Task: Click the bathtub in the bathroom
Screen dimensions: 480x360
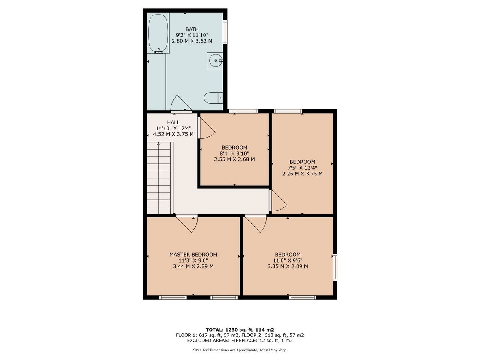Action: [x=158, y=33]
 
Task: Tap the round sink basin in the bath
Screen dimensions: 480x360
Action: [x=216, y=60]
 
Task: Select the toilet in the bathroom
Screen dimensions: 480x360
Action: [x=213, y=98]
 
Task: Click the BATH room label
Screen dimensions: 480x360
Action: [x=192, y=29]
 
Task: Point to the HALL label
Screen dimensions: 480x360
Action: [x=173, y=122]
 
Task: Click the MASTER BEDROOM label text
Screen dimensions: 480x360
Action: [x=193, y=254]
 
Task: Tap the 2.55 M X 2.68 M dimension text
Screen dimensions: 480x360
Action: [x=234, y=159]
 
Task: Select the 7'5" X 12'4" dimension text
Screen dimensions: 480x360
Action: [x=302, y=168]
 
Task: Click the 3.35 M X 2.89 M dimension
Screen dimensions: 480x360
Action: [x=288, y=266]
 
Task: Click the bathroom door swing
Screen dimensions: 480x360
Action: [x=181, y=103]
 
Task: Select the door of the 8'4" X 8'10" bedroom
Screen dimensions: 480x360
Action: [x=208, y=128]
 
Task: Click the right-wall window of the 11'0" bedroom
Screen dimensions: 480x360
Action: [x=335, y=267]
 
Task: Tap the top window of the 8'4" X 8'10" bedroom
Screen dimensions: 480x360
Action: [x=244, y=111]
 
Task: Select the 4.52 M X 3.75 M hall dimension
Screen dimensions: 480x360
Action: [x=173, y=134]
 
